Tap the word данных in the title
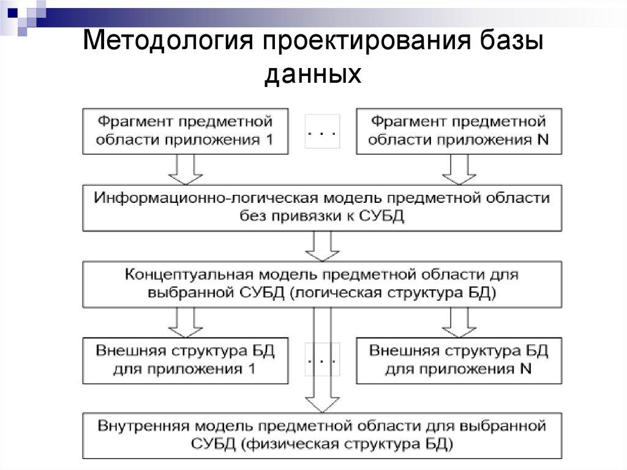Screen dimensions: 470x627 point(313,74)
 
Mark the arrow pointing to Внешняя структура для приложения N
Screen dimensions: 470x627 point(459,322)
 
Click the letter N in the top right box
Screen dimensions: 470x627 point(542,139)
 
